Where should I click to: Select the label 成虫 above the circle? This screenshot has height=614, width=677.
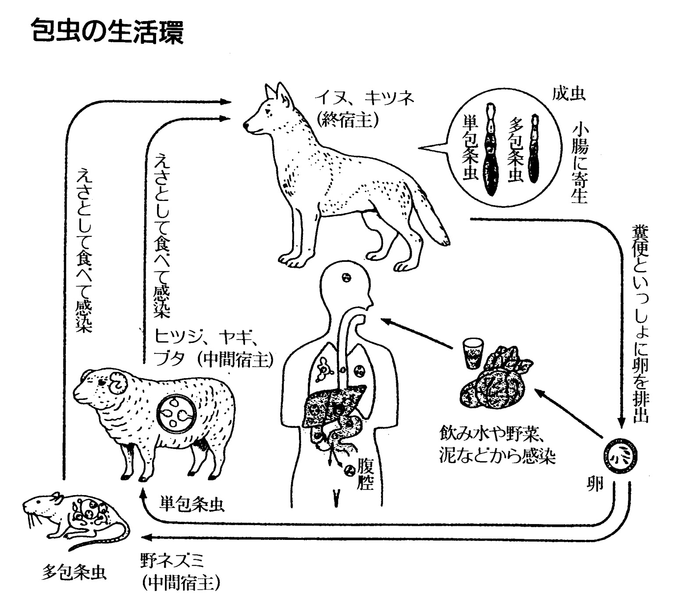click(x=569, y=94)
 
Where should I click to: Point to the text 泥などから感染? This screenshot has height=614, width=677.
click(x=498, y=457)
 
